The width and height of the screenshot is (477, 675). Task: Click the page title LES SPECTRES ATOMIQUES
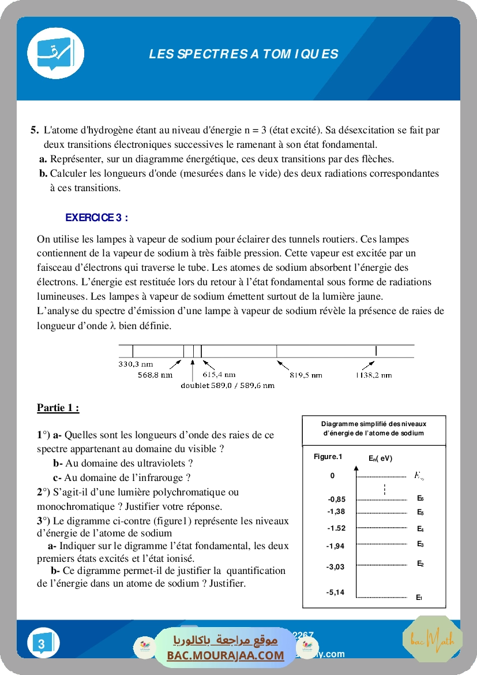pyautogui.click(x=243, y=54)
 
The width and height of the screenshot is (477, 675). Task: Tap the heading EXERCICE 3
pyautogui.click(x=96, y=218)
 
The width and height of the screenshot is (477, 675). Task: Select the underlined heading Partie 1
pyautogui.click(x=58, y=408)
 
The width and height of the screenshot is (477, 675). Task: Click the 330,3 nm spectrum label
pyautogui.click(x=136, y=364)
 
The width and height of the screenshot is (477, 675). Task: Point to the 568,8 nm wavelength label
pyautogui.click(x=155, y=375)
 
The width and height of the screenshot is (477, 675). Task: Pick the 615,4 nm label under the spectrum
pyautogui.click(x=219, y=375)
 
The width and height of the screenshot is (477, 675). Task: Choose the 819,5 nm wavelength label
pyautogui.click(x=306, y=375)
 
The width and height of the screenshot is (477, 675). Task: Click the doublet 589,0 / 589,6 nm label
pyautogui.click(x=227, y=385)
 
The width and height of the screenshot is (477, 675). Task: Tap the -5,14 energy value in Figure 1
pyautogui.click(x=335, y=592)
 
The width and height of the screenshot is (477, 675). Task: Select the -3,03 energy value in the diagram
pyautogui.click(x=335, y=567)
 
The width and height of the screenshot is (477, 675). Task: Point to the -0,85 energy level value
pyautogui.click(x=336, y=499)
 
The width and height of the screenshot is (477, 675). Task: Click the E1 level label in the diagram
pyautogui.click(x=419, y=598)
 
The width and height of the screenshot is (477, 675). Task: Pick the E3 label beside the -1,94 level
pyautogui.click(x=420, y=544)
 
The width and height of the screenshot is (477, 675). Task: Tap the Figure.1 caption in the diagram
pyautogui.click(x=328, y=457)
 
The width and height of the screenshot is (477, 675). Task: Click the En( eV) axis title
pyautogui.click(x=380, y=458)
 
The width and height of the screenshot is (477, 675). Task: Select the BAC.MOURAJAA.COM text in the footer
pyautogui.click(x=226, y=655)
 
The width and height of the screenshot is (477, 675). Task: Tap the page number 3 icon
pyautogui.click(x=42, y=643)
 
